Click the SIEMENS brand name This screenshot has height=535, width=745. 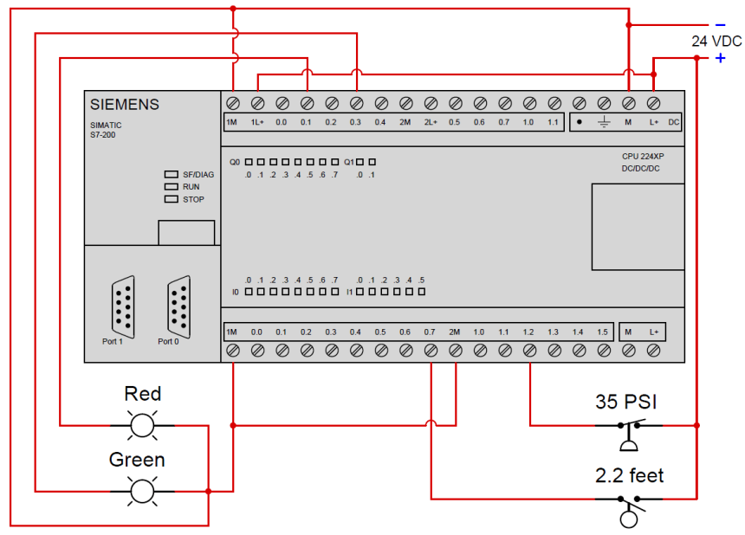tap(125, 105)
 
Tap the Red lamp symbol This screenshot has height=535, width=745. tap(142, 425)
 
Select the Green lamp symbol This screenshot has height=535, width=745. tap(142, 491)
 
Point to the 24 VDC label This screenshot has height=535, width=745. tap(716, 41)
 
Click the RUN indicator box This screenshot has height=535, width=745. tap(171, 186)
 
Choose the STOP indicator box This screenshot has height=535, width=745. tap(171, 199)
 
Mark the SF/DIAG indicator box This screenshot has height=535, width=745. tap(171, 174)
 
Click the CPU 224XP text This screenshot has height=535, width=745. tap(641, 156)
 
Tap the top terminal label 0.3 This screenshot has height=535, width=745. tap(355, 122)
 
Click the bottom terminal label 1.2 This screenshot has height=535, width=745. tap(528, 332)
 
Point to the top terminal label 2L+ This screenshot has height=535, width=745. tap(430, 122)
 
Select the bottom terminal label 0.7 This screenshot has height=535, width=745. tap(430, 332)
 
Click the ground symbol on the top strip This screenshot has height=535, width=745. tap(604, 122)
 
